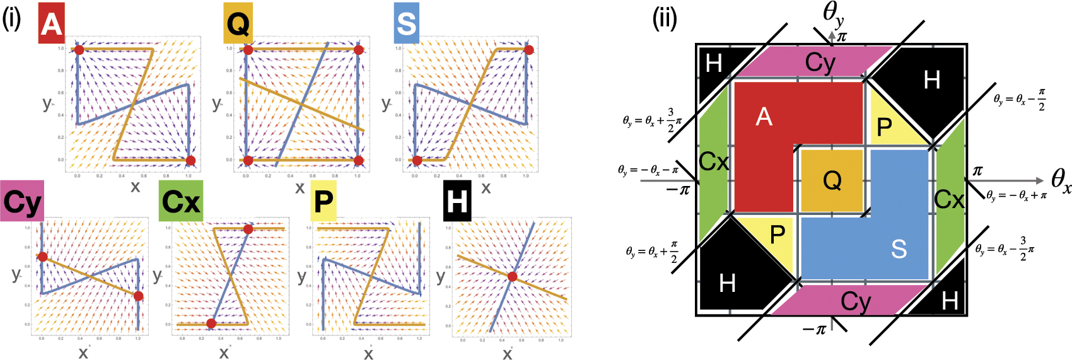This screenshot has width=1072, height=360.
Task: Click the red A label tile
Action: click(51, 23)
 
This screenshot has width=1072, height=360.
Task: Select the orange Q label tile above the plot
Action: click(238, 23)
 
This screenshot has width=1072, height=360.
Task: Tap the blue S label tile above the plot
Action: click(406, 23)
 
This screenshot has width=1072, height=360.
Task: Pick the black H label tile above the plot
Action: click(457, 202)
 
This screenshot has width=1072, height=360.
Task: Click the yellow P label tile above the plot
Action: click(323, 202)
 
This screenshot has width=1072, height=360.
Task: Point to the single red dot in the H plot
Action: click(512, 277)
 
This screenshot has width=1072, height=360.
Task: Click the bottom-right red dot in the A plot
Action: click(190, 160)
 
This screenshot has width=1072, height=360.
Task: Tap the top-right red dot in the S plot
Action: click(528, 50)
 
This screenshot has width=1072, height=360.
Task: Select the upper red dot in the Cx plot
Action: click(248, 229)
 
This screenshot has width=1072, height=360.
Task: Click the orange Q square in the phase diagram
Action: click(832, 181)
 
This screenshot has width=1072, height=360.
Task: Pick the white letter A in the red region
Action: click(764, 117)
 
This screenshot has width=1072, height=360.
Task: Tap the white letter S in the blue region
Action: click(899, 249)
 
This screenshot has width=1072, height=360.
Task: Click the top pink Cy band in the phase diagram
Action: click(820, 62)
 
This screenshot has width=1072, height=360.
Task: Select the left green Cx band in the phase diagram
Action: click(714, 163)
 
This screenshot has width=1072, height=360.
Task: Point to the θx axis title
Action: click(1060, 181)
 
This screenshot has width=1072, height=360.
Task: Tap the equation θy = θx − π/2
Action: click(1019, 99)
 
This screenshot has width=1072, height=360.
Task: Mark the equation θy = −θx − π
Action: click(648, 170)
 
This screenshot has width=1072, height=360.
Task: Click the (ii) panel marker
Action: click(664, 19)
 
